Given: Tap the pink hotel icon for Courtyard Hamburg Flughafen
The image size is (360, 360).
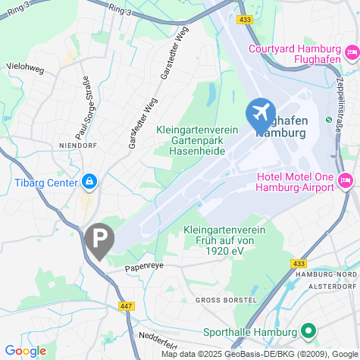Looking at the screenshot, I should click(x=351, y=53).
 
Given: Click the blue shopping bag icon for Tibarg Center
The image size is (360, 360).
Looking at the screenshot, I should click(x=90, y=183).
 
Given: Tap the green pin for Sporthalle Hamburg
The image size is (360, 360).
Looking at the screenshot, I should click(x=308, y=331).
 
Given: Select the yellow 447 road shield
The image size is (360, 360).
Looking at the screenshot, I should click(x=125, y=305).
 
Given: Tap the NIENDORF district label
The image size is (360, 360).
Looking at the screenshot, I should click(x=76, y=143).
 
